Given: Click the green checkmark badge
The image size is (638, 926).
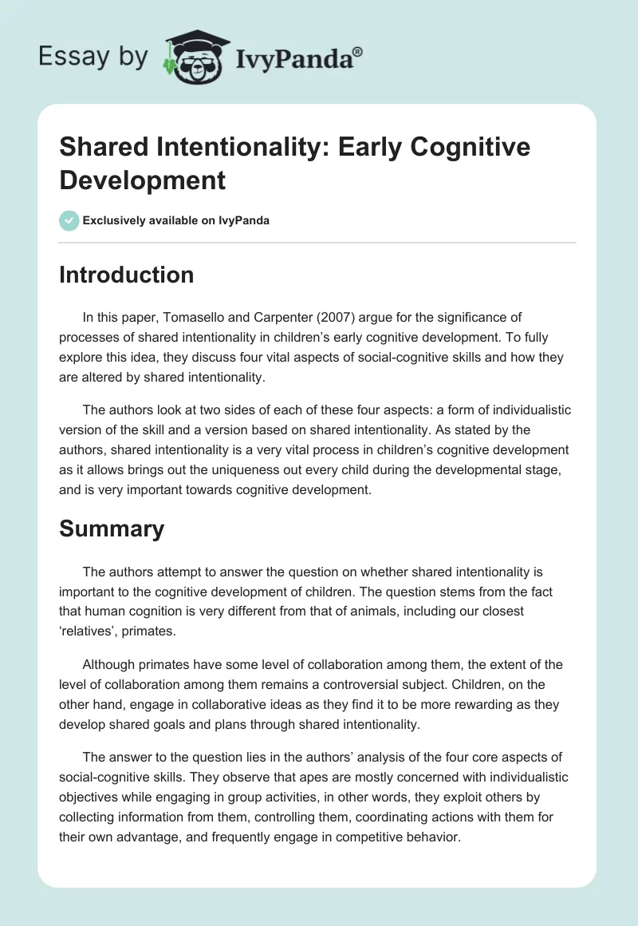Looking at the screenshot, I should (x=69, y=220).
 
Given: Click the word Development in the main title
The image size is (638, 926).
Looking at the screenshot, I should (x=143, y=180).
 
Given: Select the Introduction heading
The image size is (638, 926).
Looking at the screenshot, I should (x=126, y=275).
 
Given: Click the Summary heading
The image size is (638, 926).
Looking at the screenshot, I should (x=112, y=528).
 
